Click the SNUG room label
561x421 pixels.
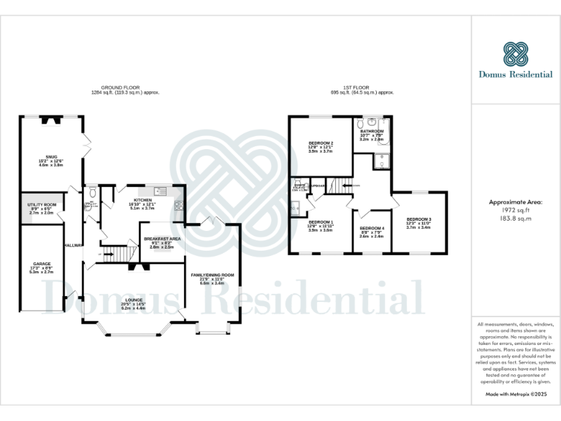click(x=50, y=156)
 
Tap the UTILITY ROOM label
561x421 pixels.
click(x=42, y=205)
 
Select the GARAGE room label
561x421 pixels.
click(x=42, y=263)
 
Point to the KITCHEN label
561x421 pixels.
click(x=142, y=200)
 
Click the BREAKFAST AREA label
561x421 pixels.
click(x=162, y=239)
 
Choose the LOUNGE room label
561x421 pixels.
click(x=134, y=300)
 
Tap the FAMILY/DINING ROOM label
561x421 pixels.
click(x=213, y=275)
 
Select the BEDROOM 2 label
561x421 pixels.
click(x=321, y=143)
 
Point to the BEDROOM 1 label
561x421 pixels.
click(x=321, y=221)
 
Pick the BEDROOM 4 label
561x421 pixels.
click(x=372, y=229)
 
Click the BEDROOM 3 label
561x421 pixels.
click(x=419, y=219)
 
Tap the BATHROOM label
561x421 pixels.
click(x=372, y=131)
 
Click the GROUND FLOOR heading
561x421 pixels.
click(x=125, y=88)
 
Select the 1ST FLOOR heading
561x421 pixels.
click(x=362, y=88)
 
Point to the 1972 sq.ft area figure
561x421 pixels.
click(x=516, y=209)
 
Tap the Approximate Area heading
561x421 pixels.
click(x=516, y=200)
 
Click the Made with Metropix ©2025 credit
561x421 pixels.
click(x=516, y=394)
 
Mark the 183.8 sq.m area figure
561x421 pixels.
click(x=516, y=218)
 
